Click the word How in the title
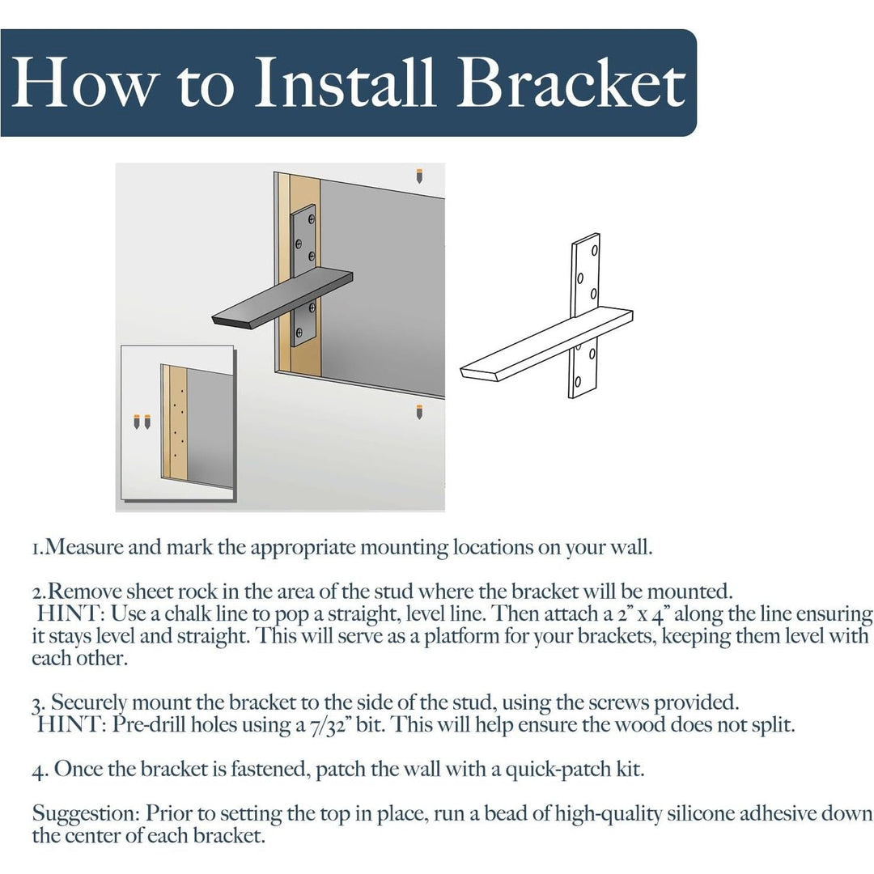(x=78, y=83)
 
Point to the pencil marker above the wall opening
(x=419, y=175)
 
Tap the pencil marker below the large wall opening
(x=419, y=411)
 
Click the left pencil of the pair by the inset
(x=137, y=421)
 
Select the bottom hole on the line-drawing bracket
(x=578, y=380)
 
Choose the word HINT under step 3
(x=68, y=724)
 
